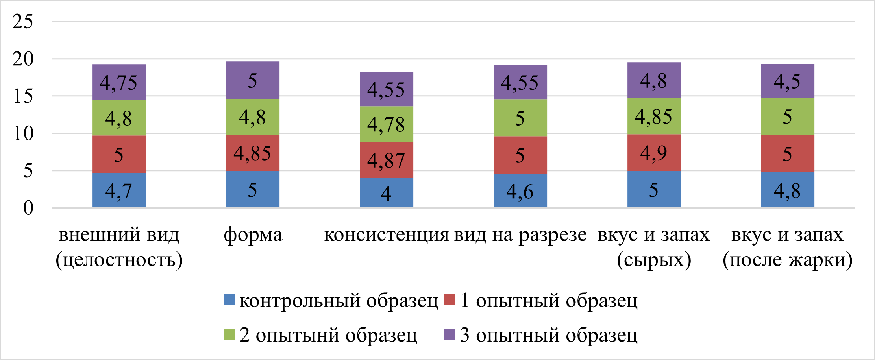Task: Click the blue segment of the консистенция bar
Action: point(386,193)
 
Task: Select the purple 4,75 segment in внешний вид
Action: point(119,82)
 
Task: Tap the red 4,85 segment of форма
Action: point(252,153)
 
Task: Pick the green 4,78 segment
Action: point(386,124)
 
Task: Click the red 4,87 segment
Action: point(386,160)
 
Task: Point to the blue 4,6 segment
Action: point(520,191)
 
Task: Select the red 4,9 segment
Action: point(653,153)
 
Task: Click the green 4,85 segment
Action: point(653,116)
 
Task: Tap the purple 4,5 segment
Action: point(787,81)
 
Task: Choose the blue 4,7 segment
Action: point(119,190)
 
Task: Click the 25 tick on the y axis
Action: point(23,21)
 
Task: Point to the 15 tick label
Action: point(23,96)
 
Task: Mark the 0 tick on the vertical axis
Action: point(28,208)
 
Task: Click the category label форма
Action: point(253,235)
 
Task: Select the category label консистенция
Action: point(386,235)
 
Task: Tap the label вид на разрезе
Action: point(520,235)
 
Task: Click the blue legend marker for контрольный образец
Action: point(229,300)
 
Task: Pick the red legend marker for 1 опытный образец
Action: point(450,300)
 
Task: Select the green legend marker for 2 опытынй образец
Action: point(229,334)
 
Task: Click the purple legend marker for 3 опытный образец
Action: point(450,334)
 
